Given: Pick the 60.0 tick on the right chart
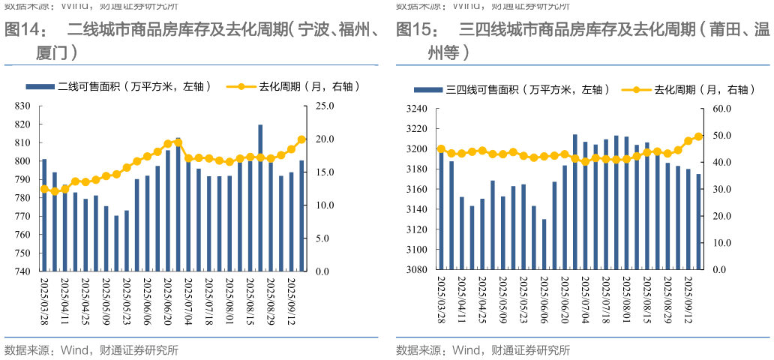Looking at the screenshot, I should click(x=720, y=109).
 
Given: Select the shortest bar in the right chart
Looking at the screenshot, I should click(x=544, y=244).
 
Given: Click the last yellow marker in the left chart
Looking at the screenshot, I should click(x=301, y=139).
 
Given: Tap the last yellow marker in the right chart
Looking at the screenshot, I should click(x=698, y=136).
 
